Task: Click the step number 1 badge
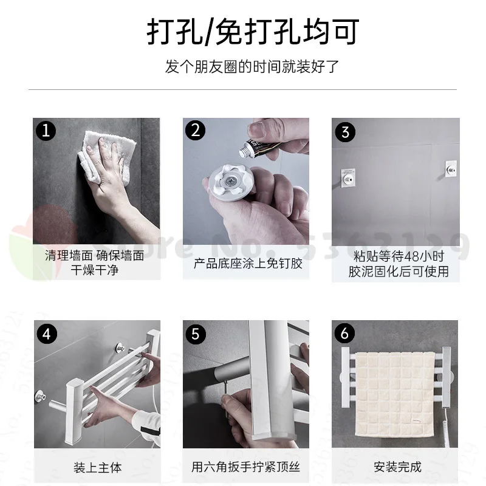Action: coord(46,131)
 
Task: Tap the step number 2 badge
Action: coord(195,130)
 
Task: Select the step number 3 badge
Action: coord(345,132)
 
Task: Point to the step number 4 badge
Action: coord(47,334)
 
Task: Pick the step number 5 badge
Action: coord(196,334)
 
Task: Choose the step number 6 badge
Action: coord(344,333)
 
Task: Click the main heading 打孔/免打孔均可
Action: coord(253,32)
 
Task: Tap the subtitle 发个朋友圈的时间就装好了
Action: coord(252,67)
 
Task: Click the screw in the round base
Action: coord(231,180)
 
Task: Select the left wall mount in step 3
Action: coord(348,177)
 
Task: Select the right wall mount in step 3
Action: coord(451,169)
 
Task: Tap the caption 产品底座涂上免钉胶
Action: coord(248,264)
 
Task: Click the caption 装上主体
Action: coord(98,467)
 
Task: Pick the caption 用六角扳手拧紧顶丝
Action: coord(246,467)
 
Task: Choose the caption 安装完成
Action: coord(398,467)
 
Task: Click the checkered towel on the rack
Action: coord(394,394)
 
